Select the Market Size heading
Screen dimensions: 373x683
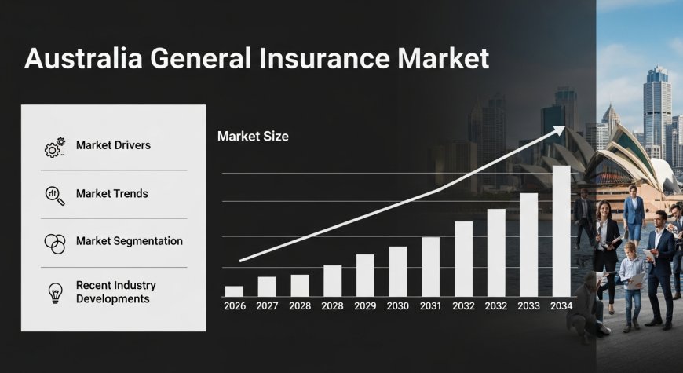click(x=253, y=137)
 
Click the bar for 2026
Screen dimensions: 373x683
click(x=234, y=291)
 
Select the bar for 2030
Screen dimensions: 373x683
click(x=398, y=271)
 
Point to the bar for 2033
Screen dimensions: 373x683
click(x=529, y=244)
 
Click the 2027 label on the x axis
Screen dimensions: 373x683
click(x=267, y=305)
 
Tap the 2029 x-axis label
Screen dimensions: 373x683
click(x=365, y=305)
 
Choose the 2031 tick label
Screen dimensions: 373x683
click(x=430, y=305)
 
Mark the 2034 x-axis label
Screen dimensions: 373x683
click(x=561, y=305)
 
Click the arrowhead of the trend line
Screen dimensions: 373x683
click(x=559, y=130)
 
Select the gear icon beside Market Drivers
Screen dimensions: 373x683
click(x=54, y=148)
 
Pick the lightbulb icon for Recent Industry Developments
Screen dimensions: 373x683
click(x=55, y=292)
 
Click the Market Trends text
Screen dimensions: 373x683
click(x=111, y=194)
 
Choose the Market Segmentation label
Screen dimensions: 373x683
click(x=130, y=241)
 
